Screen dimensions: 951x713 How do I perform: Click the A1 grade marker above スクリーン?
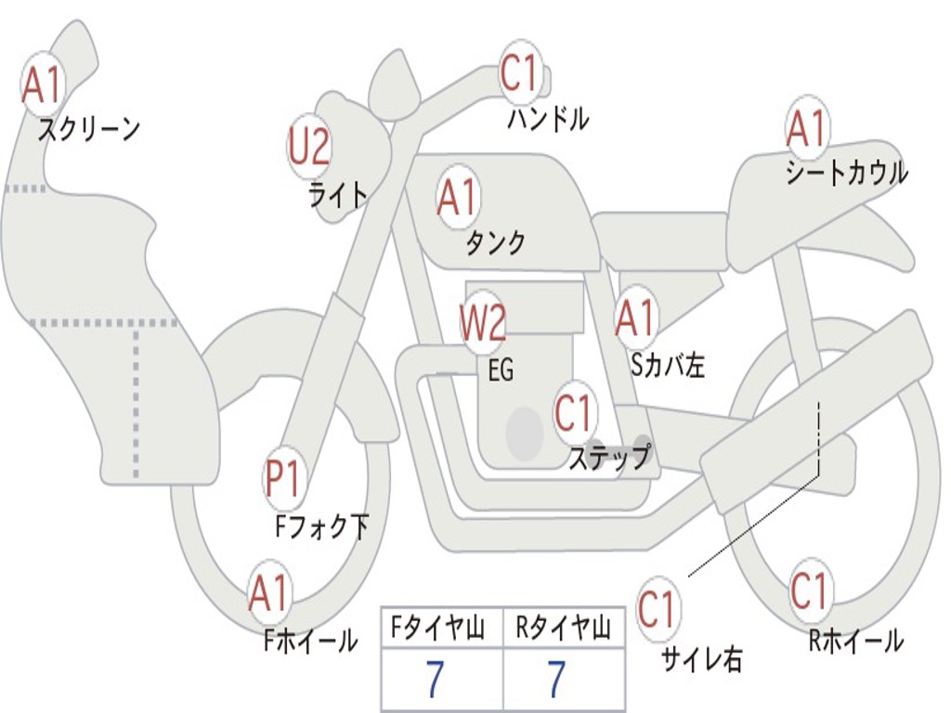click(x=42, y=84)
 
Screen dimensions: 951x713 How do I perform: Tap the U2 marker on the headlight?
click(x=309, y=146)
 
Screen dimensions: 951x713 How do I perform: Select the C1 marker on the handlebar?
click(x=520, y=72)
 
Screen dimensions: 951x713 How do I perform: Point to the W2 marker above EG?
click(x=483, y=322)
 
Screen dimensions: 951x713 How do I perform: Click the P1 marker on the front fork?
click(x=282, y=479)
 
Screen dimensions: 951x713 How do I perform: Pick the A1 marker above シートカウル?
click(x=807, y=128)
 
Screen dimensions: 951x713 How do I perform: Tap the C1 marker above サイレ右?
click(x=657, y=608)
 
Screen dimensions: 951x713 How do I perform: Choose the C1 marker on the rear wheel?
click(x=809, y=590)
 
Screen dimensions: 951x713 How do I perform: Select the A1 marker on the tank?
click(x=458, y=197)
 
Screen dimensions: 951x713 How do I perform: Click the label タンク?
click(x=496, y=243)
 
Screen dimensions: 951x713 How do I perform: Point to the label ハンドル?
click(x=548, y=118)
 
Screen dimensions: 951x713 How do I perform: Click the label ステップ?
click(x=610, y=457)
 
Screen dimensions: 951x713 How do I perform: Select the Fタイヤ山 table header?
click(x=438, y=628)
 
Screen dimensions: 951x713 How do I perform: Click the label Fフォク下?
click(x=322, y=526)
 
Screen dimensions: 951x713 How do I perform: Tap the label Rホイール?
click(x=856, y=641)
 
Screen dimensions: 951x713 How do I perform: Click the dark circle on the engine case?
click(x=525, y=433)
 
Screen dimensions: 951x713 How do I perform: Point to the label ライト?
click(x=338, y=195)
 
